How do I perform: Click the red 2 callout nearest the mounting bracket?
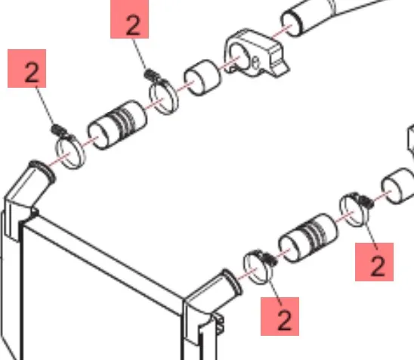coord(129,19)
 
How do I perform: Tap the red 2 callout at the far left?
coord(27,68)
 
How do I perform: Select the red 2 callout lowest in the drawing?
coord(280,316)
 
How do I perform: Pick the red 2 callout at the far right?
coord(375,262)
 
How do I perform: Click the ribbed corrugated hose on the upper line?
coord(118,125)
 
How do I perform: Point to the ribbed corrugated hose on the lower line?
coord(308,238)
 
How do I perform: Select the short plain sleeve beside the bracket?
coord(202,78)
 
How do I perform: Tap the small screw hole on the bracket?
coord(255,63)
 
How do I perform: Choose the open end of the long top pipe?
coord(290,23)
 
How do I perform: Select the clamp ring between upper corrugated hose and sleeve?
coord(164,97)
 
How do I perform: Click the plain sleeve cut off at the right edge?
coord(398,186)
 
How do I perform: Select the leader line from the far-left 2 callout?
coord(45,106)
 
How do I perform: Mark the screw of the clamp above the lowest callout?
coord(269,259)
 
